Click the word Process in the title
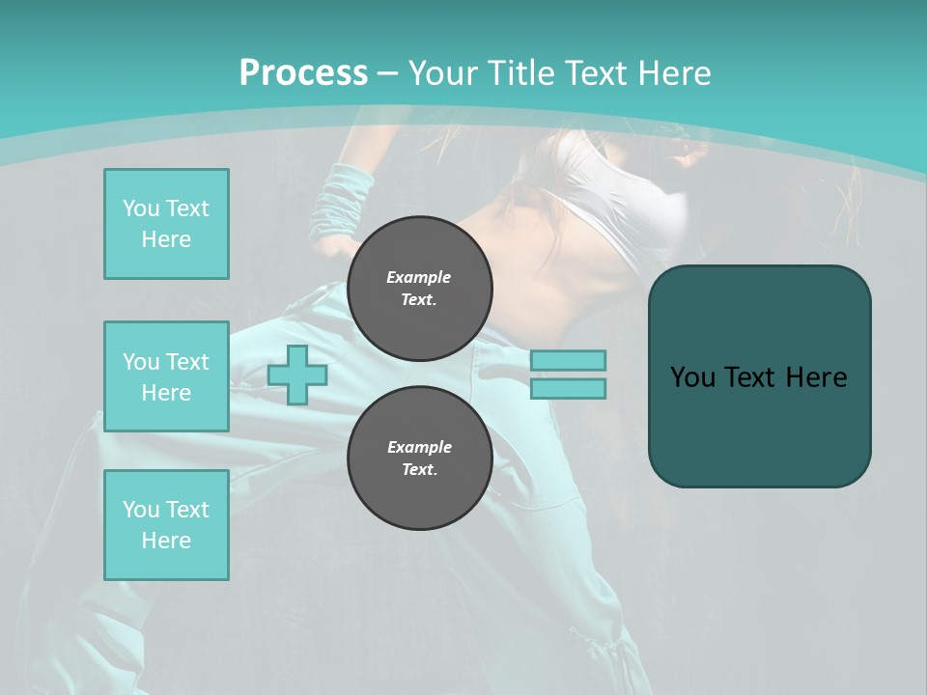303,73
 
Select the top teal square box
166,224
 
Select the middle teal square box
166,376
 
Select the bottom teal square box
166,524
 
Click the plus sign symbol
297,375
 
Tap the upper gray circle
419,288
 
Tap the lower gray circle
419,458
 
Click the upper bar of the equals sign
569,360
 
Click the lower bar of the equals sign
569,389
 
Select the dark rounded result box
759,376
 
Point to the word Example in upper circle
419,277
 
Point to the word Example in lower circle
419,447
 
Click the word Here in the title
673,73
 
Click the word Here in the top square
166,239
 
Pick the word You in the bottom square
140,509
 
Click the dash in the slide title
387,73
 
